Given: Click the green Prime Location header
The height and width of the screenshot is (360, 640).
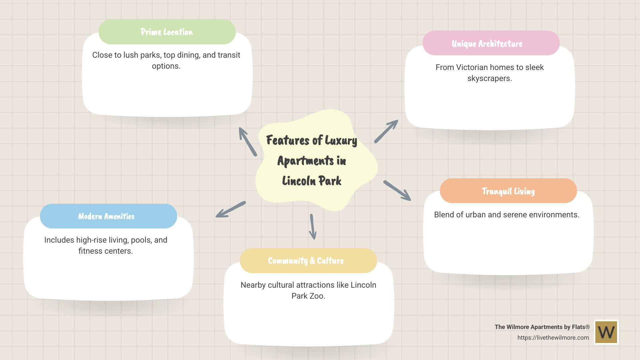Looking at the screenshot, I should pos(167,32).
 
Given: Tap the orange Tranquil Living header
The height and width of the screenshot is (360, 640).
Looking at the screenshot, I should pos(508,191).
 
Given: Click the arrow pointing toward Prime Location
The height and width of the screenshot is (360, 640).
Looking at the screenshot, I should pos(247,141).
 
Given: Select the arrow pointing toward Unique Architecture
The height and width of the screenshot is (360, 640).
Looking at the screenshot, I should pos(386,132).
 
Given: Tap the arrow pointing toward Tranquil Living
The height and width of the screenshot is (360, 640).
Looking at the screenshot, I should pos(397,191).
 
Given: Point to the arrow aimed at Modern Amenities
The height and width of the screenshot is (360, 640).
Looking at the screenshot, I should pos(231,210).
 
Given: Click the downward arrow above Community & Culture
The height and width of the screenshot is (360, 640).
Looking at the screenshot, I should pos(312,227).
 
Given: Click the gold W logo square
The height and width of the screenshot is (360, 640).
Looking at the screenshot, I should pos(606,332).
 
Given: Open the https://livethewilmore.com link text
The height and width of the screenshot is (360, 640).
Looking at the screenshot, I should pos(553,338).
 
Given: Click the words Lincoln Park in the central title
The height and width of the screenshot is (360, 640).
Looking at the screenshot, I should pos(312,181).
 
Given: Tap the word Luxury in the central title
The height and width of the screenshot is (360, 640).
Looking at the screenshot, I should pos(341,141).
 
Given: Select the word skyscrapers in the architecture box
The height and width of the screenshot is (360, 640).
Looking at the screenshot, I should pos(489,79).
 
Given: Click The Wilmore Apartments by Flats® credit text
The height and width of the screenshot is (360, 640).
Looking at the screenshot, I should pos(542,327).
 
